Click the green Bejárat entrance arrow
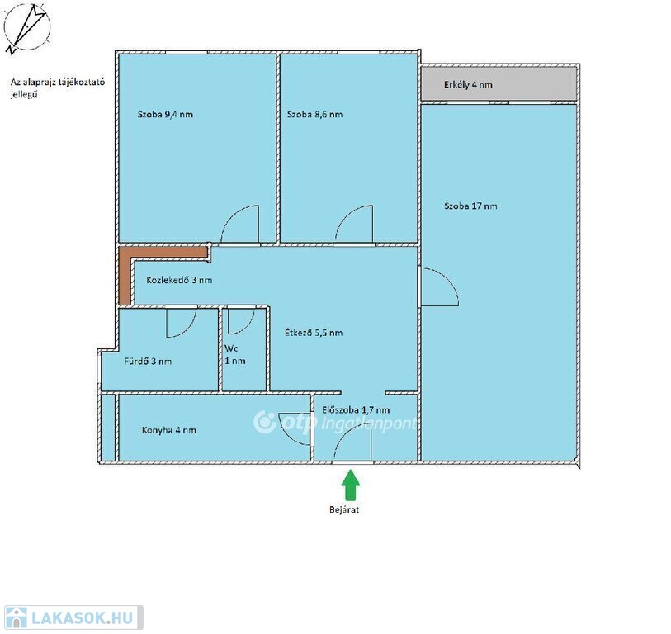(351, 485)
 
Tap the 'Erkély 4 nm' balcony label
(468, 85)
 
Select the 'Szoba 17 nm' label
(470, 206)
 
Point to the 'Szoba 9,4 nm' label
(165, 114)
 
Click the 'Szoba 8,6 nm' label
(315, 114)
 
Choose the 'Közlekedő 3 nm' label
(179, 280)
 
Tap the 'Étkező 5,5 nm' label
(314, 333)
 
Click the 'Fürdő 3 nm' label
(148, 362)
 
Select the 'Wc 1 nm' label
(235, 354)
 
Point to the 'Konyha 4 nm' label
(169, 430)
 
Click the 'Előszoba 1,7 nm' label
(356, 409)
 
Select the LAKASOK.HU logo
(73, 617)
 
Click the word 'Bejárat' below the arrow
(344, 509)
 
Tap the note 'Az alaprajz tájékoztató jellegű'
(58, 88)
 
